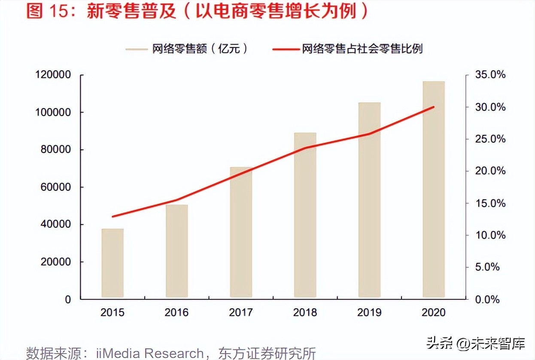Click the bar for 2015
[112, 263]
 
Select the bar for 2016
[177, 251]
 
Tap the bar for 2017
[241, 232]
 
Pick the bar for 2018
[305, 215]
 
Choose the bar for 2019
[369, 200]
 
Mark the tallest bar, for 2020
[434, 189]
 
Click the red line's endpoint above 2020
[434, 107]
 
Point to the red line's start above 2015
[112, 217]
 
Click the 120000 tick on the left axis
[54, 75]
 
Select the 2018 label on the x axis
[305, 312]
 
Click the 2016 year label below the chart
[177, 312]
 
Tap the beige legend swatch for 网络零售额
[137, 49]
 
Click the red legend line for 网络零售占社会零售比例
[285, 49]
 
